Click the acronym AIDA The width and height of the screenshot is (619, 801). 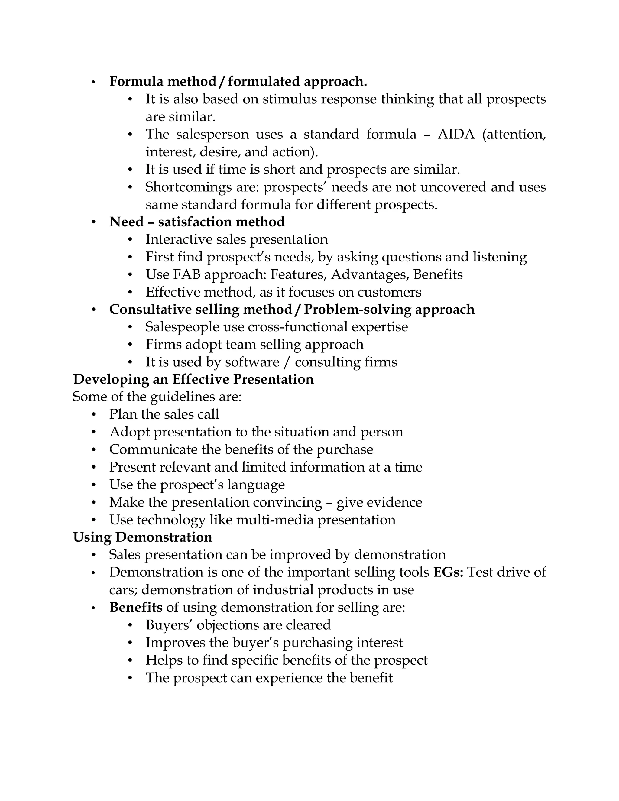coord(456,134)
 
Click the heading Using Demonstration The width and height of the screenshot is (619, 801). coord(143,537)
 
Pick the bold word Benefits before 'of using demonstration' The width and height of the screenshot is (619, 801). coord(136,607)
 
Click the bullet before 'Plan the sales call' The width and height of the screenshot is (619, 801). coord(94,415)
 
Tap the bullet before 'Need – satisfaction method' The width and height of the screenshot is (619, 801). coord(94,222)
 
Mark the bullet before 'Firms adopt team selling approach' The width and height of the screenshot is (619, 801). coord(130,345)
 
